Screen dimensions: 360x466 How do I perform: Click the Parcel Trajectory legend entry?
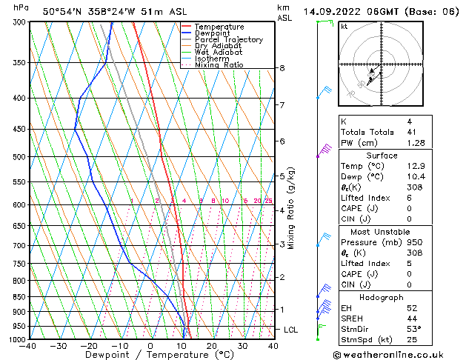(x=228, y=39)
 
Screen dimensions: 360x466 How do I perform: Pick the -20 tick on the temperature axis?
(x=88, y=345)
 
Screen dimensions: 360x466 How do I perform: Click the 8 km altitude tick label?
(x=282, y=68)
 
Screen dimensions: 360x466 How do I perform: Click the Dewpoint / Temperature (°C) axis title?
(x=151, y=355)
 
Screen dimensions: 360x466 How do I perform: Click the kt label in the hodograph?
(x=344, y=27)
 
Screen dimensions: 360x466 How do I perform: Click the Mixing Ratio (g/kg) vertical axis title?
(x=291, y=207)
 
